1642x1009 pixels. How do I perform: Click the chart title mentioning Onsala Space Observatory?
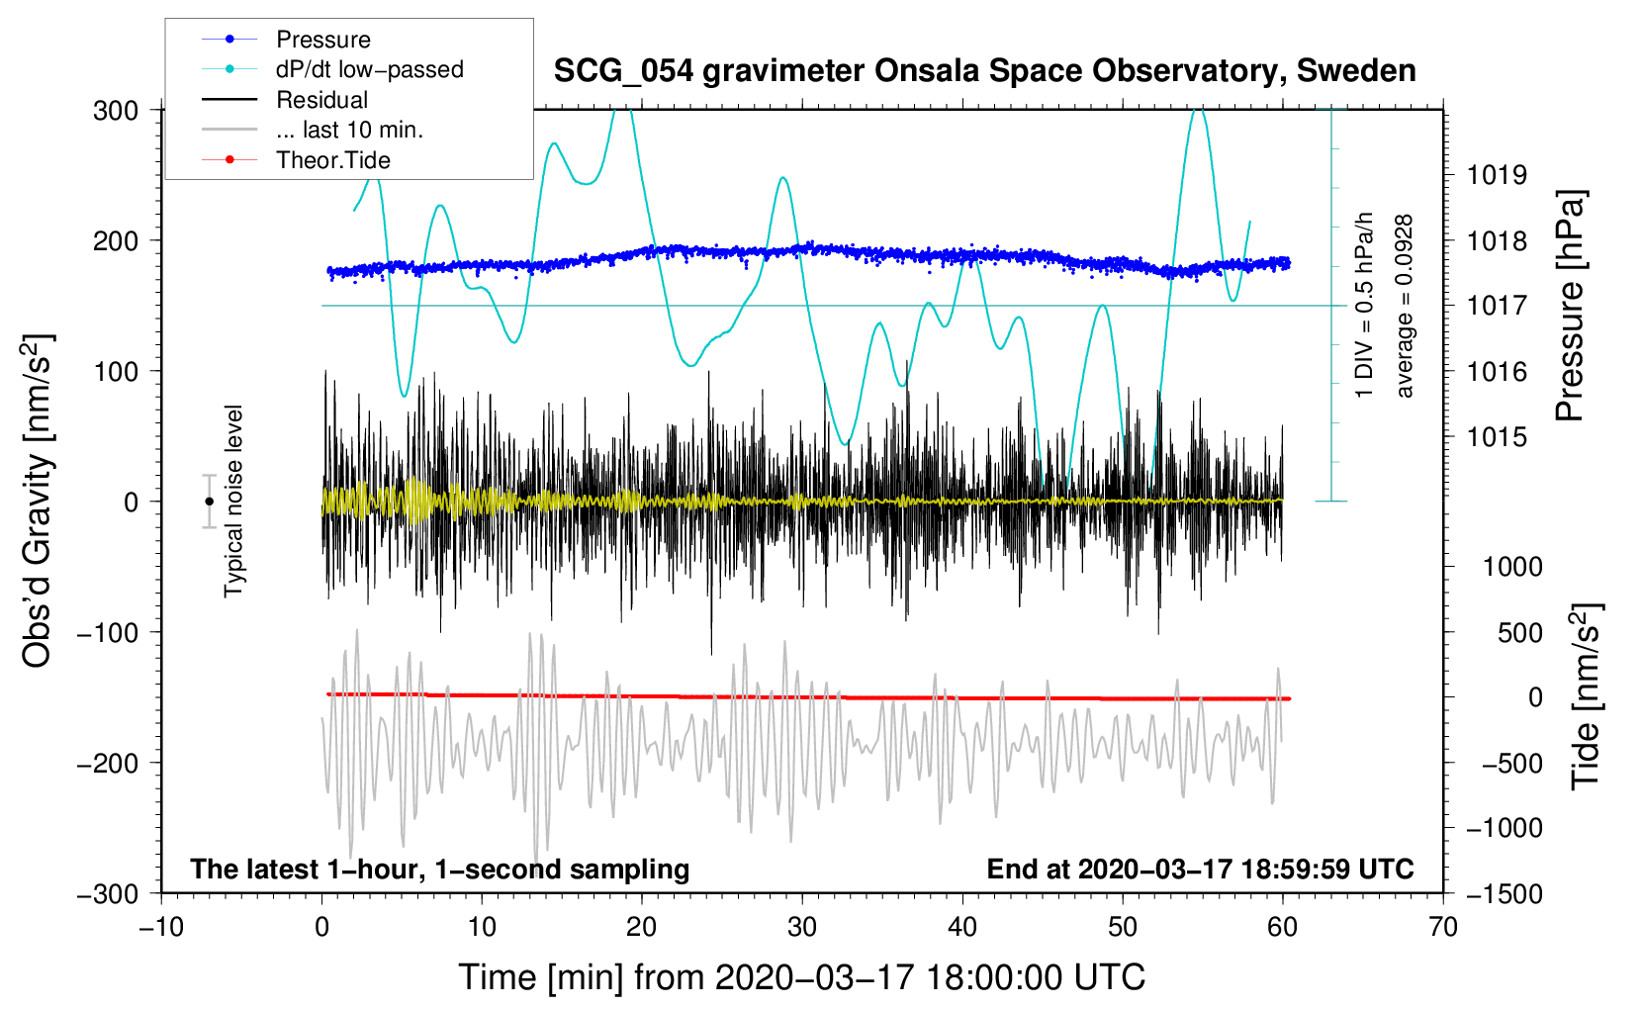pos(984,71)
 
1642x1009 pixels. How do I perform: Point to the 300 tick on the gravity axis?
pos(116,111)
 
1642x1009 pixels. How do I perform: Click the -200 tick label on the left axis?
pos(108,764)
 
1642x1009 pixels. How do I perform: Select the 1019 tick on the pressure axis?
pos(1497,175)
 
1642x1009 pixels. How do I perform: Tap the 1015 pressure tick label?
pos(1497,437)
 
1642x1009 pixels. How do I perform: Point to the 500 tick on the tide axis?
pos(1519,633)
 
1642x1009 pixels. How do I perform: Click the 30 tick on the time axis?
pos(802,928)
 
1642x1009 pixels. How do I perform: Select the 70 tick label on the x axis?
pos(1442,928)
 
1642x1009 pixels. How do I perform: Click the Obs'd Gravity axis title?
pos(38,501)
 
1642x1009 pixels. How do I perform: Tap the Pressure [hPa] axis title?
pos(1570,306)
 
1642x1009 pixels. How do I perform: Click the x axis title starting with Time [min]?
pos(802,978)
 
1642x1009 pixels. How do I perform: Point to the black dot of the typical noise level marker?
pos(209,502)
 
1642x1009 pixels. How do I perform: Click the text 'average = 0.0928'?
pos(1404,307)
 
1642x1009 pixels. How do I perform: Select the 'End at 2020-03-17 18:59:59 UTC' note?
pos(1200,869)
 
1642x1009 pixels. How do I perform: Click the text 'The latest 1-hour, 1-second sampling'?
pos(440,869)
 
